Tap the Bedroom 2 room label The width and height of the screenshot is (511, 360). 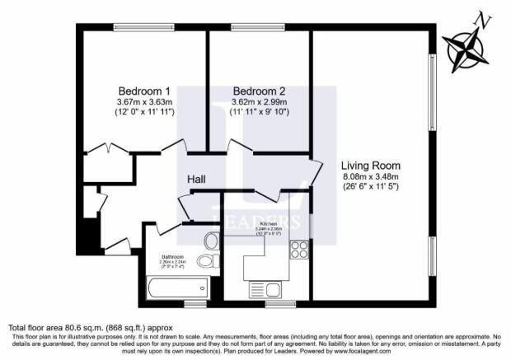coord(259,90)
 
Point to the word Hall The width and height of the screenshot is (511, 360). coord(196,179)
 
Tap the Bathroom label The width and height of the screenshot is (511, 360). coord(173,256)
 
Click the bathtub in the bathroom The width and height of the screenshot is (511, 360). coord(174,288)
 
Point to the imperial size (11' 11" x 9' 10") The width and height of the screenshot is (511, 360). coord(259,112)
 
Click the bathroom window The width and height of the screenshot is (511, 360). coord(195,303)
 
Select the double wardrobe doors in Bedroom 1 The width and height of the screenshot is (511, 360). coord(108,151)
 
